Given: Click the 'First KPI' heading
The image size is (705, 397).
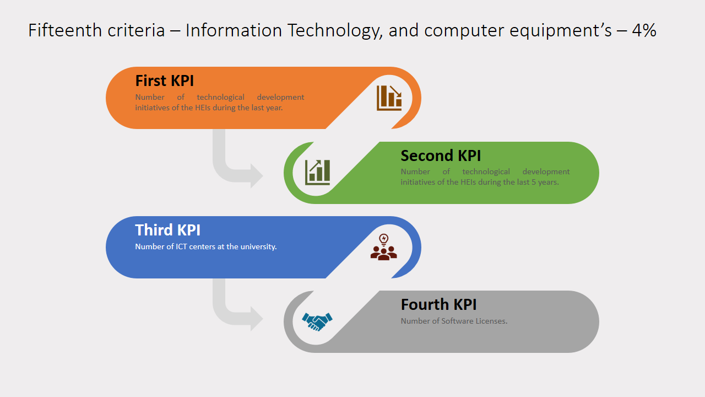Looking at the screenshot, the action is coord(164,81).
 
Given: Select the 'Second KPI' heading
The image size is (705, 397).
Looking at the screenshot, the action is coord(441,155).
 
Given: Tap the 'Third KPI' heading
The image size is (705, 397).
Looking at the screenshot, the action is coord(167,230).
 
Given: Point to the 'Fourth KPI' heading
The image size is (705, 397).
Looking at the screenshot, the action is coord(438,304).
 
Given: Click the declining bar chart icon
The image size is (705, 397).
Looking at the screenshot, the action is coord(389,98).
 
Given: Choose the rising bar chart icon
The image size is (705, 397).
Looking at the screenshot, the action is coord(318,173).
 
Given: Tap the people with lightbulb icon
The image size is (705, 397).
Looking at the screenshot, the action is coord(384,247).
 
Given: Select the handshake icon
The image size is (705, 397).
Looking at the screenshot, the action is coord(317,321).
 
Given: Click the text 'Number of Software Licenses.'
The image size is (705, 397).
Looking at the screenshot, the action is coord(454,321).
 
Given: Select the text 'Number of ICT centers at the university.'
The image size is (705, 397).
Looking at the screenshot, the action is coord(206,246).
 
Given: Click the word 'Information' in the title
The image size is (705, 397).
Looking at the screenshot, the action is coord(234,30).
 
